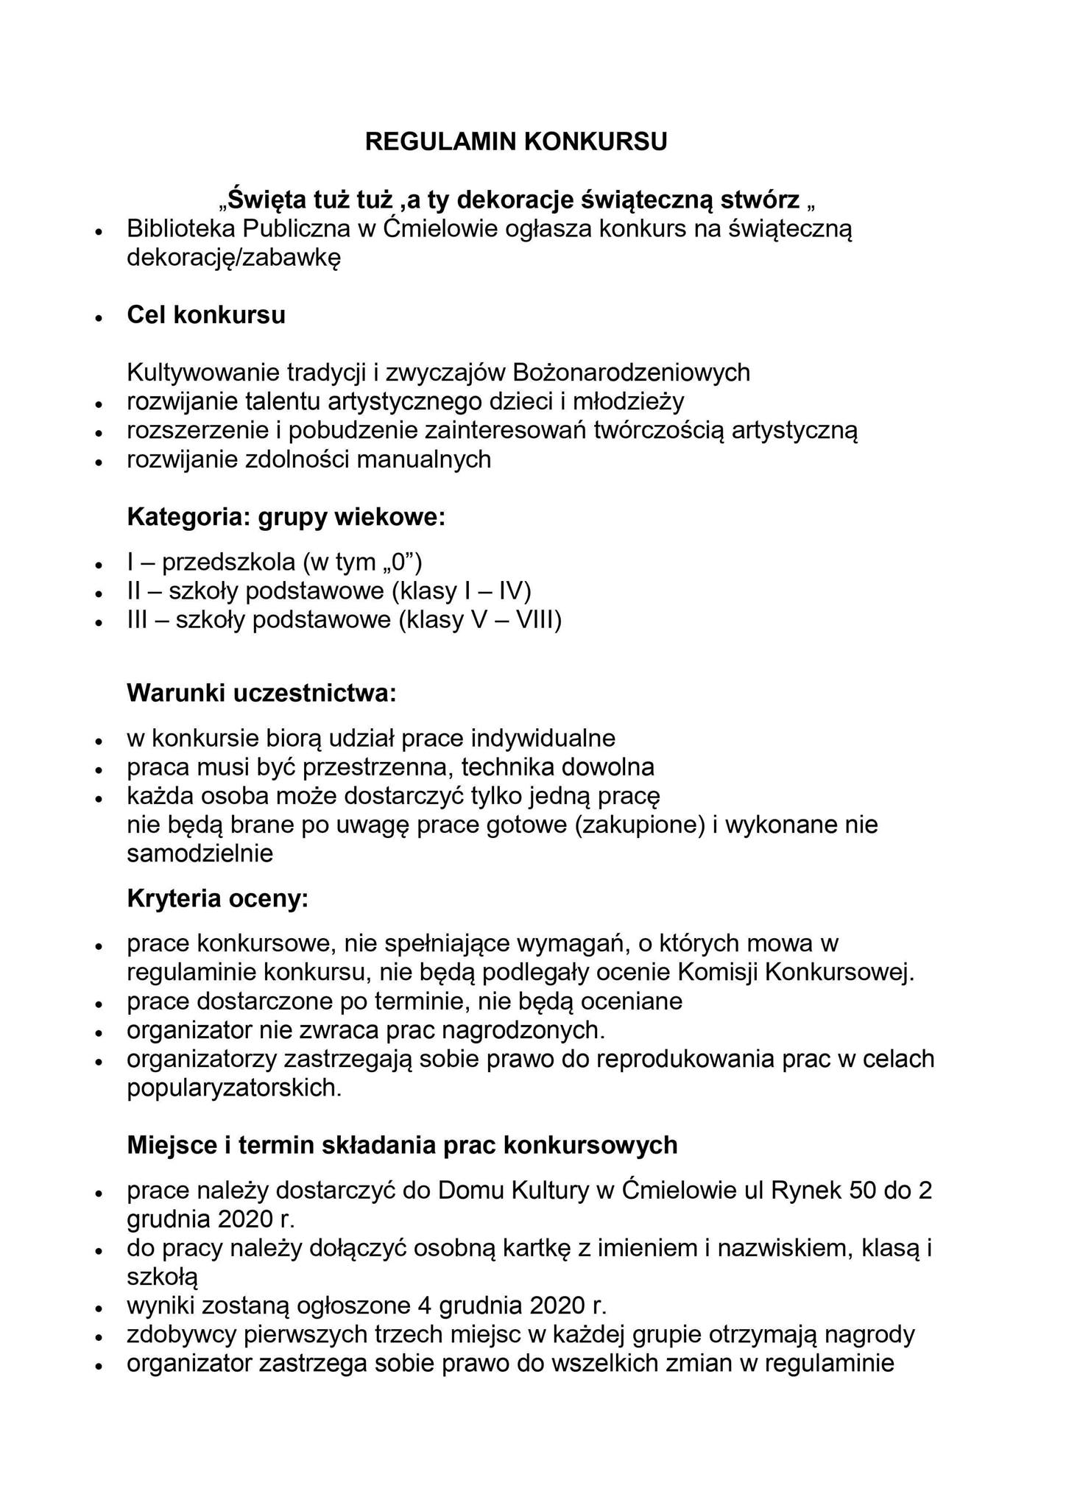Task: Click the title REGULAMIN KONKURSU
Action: [515, 141]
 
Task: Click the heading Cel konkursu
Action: [206, 315]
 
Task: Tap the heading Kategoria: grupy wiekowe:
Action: [286, 517]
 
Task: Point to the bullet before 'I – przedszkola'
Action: [96, 565]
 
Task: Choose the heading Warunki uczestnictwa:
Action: [261, 693]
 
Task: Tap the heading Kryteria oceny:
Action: [217, 898]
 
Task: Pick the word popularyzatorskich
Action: [234, 1088]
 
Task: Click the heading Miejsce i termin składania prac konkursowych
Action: [402, 1145]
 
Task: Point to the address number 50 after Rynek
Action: [866, 1190]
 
